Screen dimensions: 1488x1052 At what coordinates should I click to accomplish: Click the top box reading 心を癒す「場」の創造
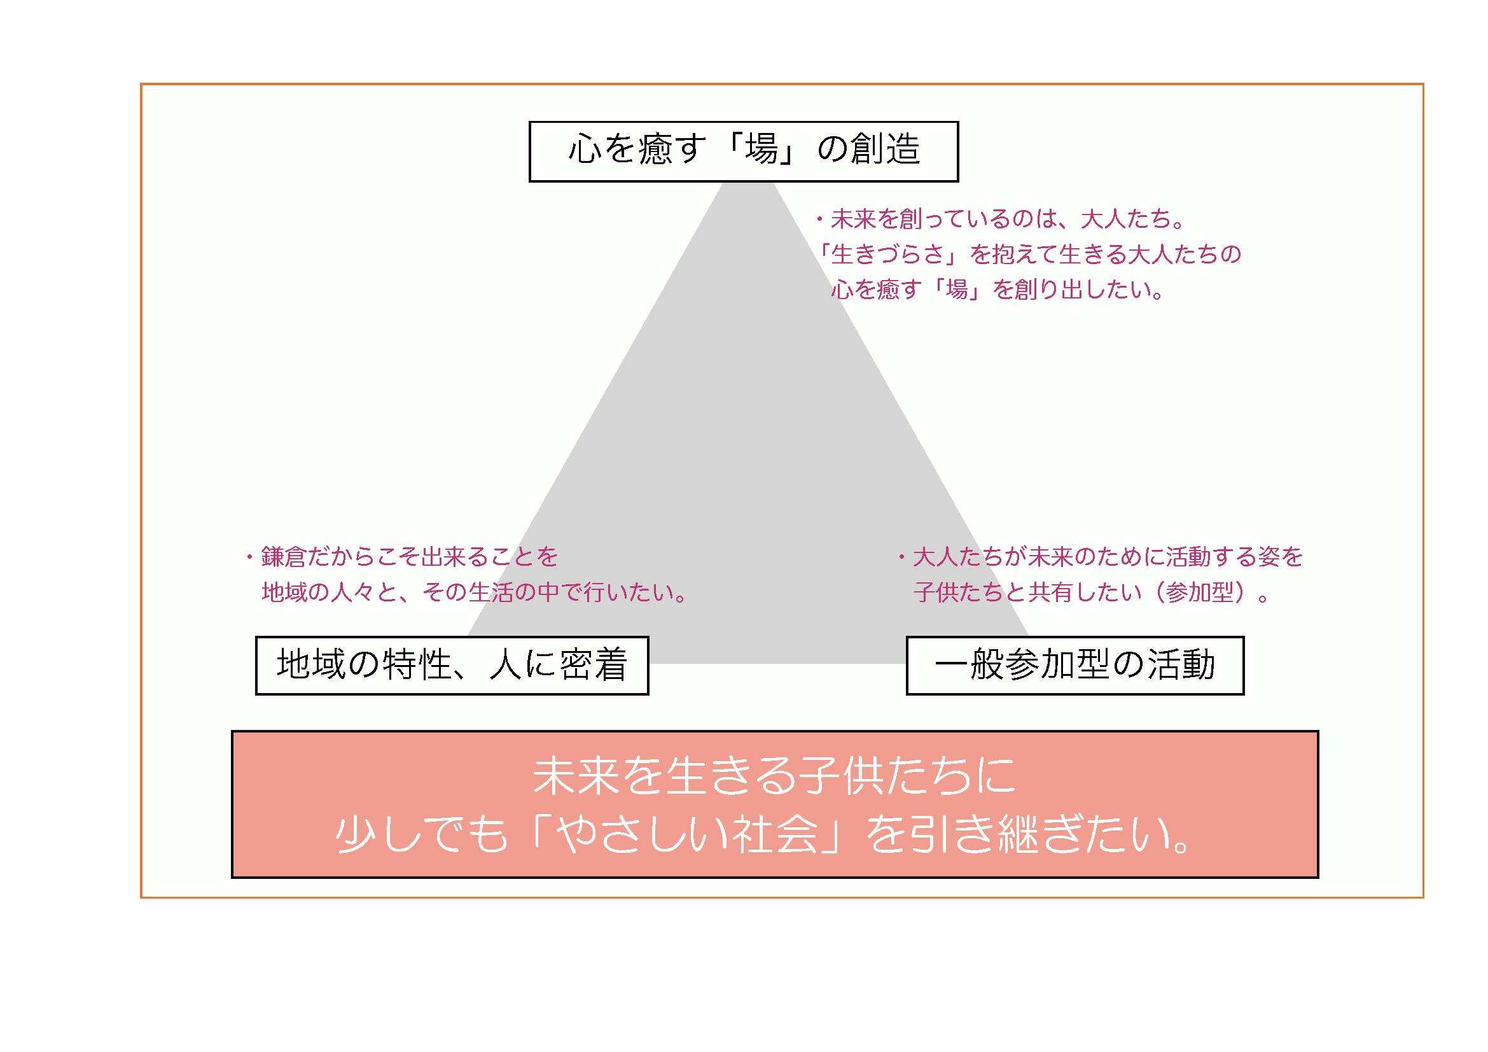743,151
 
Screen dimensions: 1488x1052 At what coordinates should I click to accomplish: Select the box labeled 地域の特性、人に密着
452,666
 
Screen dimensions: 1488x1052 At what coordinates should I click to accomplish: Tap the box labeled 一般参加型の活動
1074,666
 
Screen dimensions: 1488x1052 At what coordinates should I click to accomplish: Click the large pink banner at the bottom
775,804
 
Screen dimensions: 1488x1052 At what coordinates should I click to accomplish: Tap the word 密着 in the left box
594,665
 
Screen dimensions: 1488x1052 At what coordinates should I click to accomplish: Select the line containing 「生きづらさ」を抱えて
1030,255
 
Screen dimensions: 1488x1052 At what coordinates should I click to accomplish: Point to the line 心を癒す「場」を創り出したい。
998,289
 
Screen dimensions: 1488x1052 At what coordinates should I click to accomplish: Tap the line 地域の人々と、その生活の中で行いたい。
474,593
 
